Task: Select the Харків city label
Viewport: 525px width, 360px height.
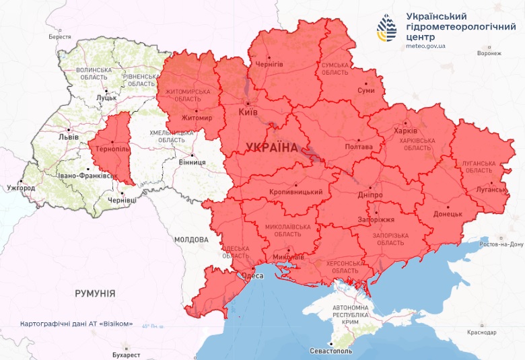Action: point(406,131)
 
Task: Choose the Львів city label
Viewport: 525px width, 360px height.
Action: point(69,137)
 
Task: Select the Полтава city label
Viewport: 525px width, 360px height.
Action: point(358,147)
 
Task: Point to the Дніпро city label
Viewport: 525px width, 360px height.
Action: point(370,194)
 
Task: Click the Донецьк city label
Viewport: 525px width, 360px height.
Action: point(448,214)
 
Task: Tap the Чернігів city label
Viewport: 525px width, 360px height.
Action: point(269,64)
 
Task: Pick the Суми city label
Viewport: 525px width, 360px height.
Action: point(365,89)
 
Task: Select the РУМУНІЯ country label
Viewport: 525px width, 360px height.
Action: point(95,293)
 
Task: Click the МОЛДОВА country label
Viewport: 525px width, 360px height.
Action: point(191,240)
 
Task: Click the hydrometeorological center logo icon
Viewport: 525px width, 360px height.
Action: point(388,28)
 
